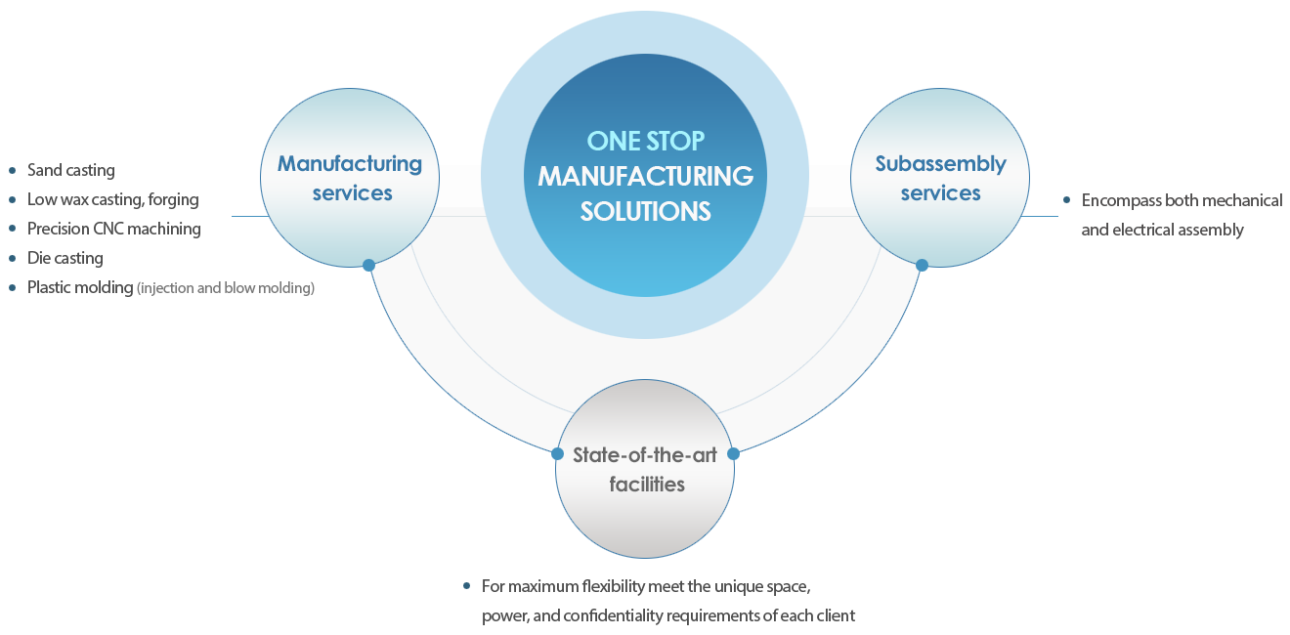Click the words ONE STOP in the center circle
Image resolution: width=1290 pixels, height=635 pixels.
click(x=645, y=141)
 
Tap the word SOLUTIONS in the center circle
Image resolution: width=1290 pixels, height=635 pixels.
click(x=645, y=211)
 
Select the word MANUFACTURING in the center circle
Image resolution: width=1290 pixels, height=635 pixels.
click(x=645, y=176)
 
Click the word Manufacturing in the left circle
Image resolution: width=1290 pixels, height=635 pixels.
click(x=350, y=164)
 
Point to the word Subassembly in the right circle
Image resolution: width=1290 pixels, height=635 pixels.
click(x=940, y=164)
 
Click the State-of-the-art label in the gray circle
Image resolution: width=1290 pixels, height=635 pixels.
click(x=645, y=454)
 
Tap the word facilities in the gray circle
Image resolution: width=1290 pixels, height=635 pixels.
click(x=647, y=485)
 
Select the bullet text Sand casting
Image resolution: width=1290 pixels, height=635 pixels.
click(x=71, y=171)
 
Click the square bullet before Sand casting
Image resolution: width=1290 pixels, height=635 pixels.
click(x=12, y=171)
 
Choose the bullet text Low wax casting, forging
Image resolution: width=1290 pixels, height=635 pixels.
click(x=113, y=200)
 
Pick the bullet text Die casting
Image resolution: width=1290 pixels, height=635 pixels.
click(x=65, y=259)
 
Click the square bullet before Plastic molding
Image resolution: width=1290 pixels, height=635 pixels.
click(x=12, y=288)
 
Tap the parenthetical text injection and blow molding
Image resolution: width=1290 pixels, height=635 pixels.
click(x=226, y=288)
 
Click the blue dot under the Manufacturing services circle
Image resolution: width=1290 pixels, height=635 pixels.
click(x=368, y=265)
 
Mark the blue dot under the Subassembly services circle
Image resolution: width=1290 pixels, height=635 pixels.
click(x=922, y=265)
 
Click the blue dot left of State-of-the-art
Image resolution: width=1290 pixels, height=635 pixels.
click(x=557, y=454)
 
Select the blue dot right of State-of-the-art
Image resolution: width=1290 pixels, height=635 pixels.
click(x=734, y=454)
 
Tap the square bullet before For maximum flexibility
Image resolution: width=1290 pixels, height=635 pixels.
click(x=466, y=587)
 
